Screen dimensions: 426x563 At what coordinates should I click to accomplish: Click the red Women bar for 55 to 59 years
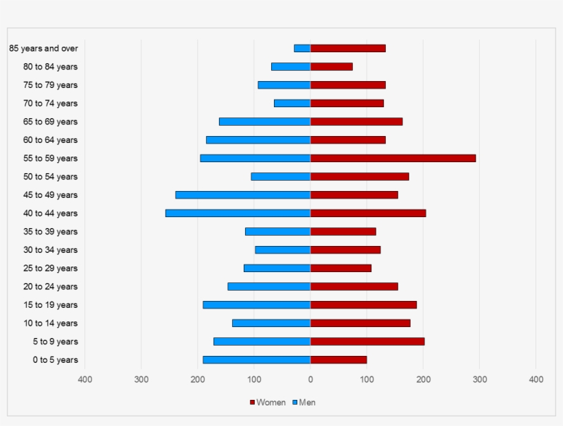(x=393, y=158)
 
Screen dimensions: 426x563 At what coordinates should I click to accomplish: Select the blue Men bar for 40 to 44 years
(x=238, y=213)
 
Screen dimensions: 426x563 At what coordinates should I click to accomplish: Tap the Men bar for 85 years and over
(x=302, y=48)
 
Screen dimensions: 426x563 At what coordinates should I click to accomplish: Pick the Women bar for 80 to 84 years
(x=332, y=67)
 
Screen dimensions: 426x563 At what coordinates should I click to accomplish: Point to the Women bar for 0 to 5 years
(x=338, y=359)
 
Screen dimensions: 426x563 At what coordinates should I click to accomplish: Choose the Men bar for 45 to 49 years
(x=243, y=194)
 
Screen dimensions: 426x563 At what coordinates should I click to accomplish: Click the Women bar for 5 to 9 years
(x=367, y=341)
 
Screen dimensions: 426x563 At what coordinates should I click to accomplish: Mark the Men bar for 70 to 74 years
(x=292, y=103)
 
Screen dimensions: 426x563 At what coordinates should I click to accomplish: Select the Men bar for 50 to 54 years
(x=281, y=177)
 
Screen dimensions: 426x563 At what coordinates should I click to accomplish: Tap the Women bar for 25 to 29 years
(x=341, y=268)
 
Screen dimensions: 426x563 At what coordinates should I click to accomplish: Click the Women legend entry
(x=267, y=402)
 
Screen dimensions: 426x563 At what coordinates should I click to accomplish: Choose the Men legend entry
(x=303, y=402)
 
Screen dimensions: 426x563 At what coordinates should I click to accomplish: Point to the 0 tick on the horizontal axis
(x=310, y=379)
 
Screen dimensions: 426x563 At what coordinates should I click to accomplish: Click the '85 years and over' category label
(x=43, y=48)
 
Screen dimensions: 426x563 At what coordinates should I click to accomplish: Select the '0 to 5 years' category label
(x=55, y=359)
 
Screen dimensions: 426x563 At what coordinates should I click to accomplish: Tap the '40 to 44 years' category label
(x=50, y=213)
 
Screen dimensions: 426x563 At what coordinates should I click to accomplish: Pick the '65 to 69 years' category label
(x=50, y=122)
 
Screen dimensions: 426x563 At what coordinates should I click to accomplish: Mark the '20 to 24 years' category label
(x=50, y=287)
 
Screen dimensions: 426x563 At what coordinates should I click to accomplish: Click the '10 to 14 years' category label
(x=50, y=323)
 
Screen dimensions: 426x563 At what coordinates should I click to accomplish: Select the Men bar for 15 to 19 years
(x=257, y=304)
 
